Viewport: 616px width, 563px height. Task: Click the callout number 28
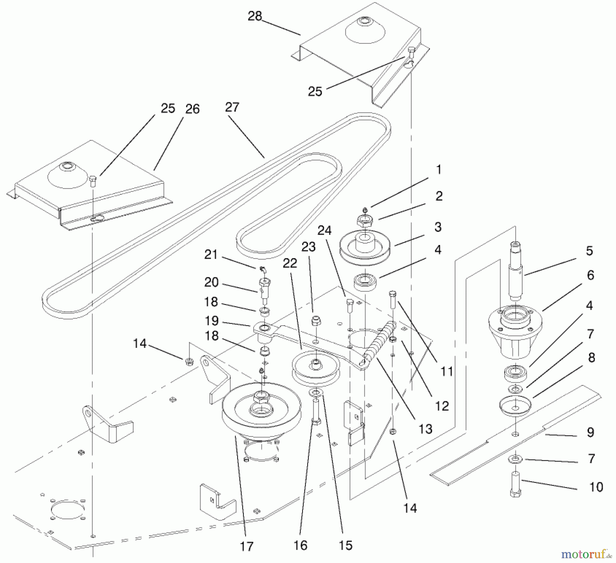pyautogui.click(x=255, y=16)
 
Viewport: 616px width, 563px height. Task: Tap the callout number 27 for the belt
pyautogui.click(x=232, y=107)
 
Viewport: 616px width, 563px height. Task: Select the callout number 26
pyautogui.click(x=192, y=109)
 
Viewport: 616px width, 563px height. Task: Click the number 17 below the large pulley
pyautogui.click(x=246, y=547)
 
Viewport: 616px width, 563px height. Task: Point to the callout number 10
pyautogui.click(x=596, y=487)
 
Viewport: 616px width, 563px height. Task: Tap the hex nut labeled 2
pyautogui.click(x=365, y=221)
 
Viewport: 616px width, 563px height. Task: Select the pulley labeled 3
pyautogui.click(x=365, y=247)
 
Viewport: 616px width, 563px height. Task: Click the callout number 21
pyautogui.click(x=211, y=254)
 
